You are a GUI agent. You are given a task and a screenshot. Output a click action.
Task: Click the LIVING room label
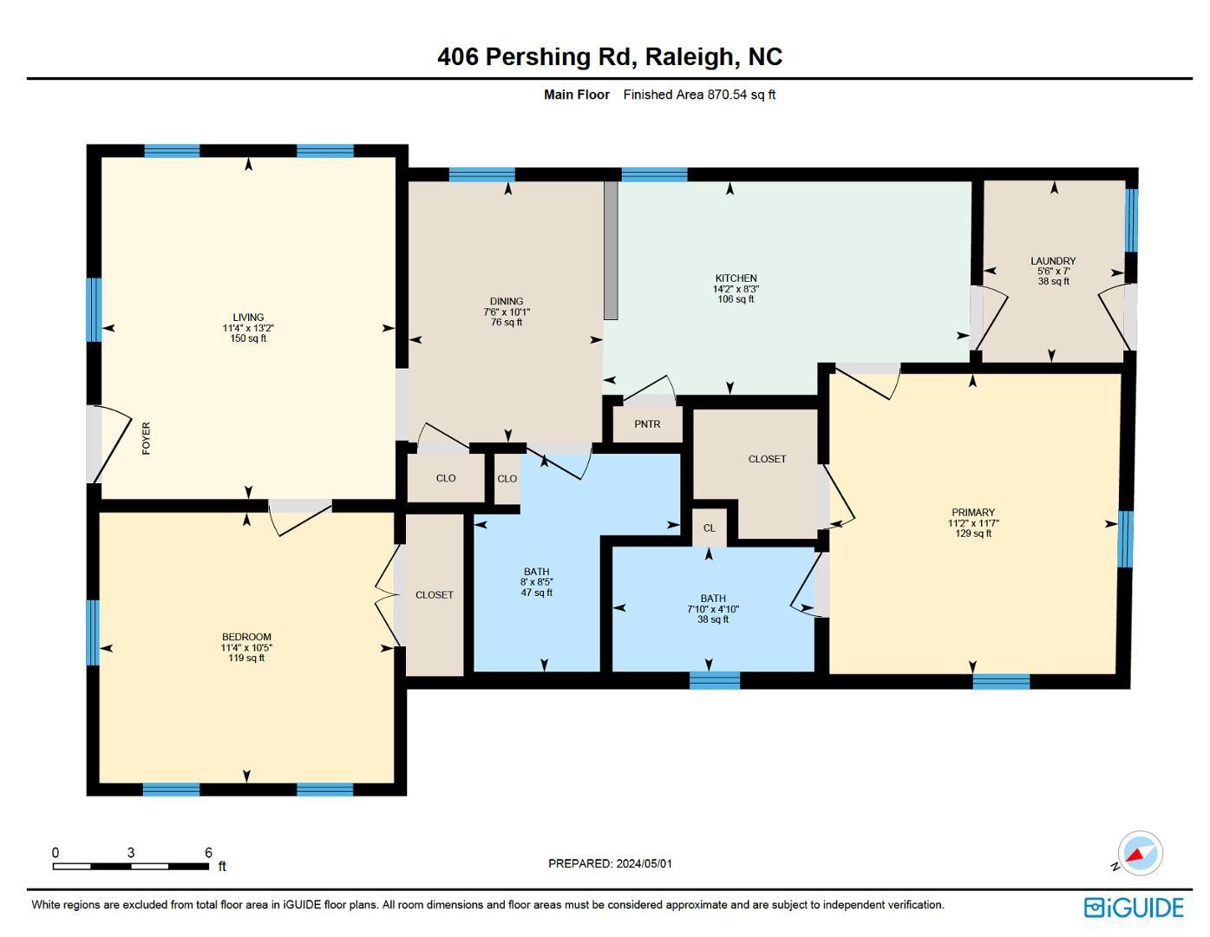pos(248,318)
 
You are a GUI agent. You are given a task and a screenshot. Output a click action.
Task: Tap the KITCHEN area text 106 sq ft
pos(736,299)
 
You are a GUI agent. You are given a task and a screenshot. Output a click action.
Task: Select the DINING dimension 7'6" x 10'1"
pos(507,312)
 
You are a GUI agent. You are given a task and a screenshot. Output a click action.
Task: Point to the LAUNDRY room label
pos(1053,261)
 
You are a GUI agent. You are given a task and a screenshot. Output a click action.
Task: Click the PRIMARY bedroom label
pos(972,513)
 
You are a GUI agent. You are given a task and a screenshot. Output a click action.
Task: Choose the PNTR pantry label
pos(647,424)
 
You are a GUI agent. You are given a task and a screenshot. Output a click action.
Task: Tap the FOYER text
pos(146,438)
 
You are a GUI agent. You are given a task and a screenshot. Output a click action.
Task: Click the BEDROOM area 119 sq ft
pos(246,659)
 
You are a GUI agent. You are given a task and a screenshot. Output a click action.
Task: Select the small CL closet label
pos(710,528)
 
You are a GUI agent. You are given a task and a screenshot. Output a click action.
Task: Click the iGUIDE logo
pos(1134,908)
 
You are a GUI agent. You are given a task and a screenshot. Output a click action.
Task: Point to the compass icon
pos(1139,854)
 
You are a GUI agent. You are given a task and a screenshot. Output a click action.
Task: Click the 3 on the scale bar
pos(131,853)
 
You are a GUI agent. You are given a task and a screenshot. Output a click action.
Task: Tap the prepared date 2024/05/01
pos(644,863)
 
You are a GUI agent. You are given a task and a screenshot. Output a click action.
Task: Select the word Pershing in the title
pos(538,57)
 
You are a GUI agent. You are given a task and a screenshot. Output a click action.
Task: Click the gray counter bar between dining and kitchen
pos(611,250)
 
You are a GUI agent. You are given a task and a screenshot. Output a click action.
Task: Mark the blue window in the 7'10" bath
pos(715,680)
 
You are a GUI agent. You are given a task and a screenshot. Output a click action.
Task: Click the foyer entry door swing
pos(108,442)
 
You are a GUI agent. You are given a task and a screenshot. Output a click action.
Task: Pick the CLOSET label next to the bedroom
pos(434,595)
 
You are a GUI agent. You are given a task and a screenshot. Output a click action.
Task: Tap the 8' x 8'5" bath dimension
pos(536,582)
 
